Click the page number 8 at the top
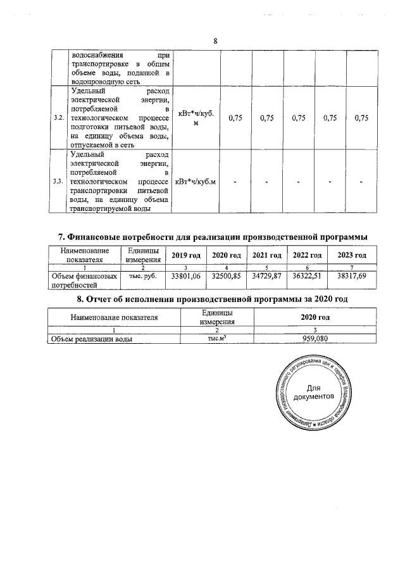point(215,41)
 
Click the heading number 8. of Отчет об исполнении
point(80,299)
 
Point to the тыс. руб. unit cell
point(142,276)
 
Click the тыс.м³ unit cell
point(216,339)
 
